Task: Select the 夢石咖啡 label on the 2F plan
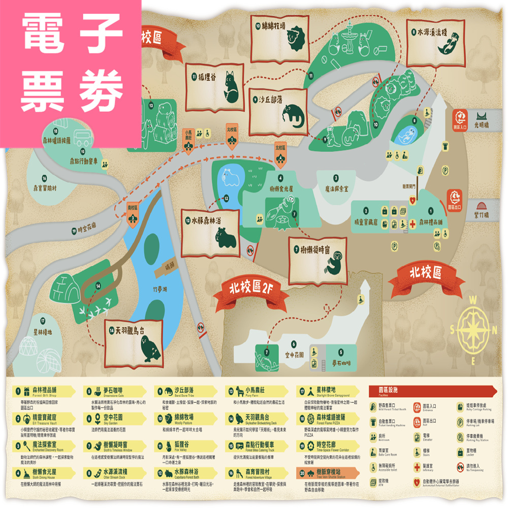coord(348,363)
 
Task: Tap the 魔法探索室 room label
coord(336,188)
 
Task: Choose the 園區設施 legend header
coord(389,391)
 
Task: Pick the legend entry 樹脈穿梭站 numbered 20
coord(330,474)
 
